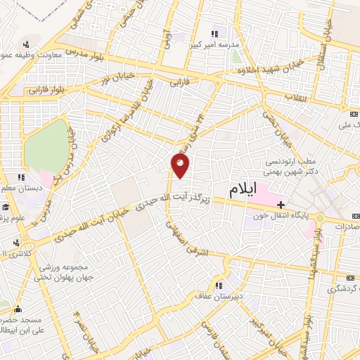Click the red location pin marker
click(181, 166)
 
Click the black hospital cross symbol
click(281, 204)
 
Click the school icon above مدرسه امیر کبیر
click(215, 33)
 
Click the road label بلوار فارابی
click(46, 90)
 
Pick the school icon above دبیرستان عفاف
click(219, 285)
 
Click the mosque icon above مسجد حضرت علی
click(18, 308)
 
